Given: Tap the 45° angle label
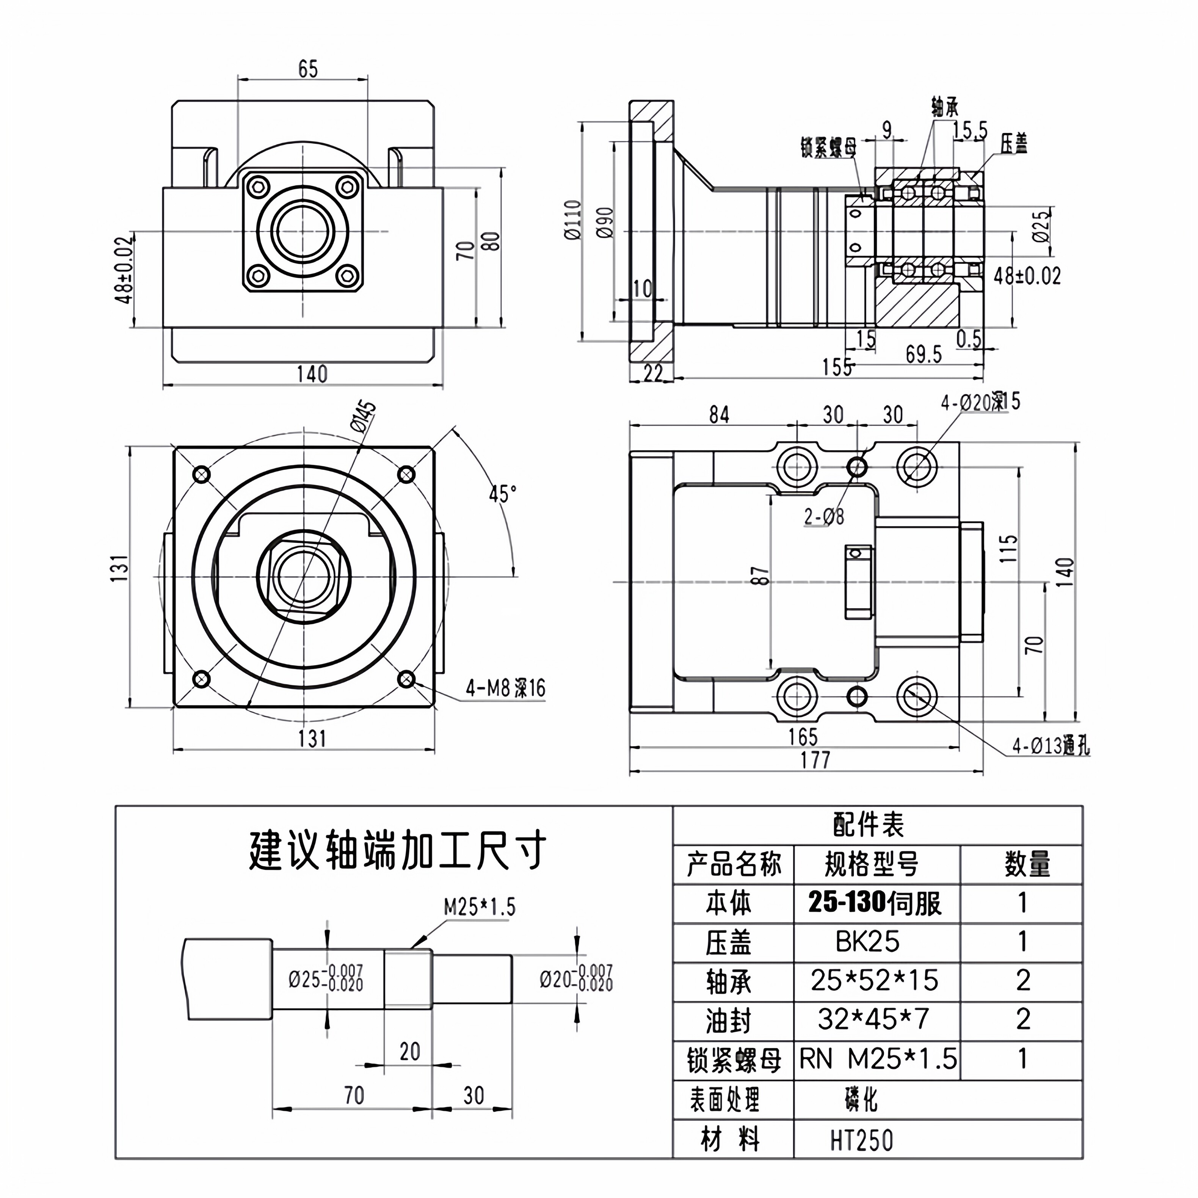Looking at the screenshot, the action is (x=502, y=494).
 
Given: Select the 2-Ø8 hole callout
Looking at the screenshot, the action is (x=824, y=516).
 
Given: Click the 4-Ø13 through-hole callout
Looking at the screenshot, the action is (x=1051, y=746).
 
